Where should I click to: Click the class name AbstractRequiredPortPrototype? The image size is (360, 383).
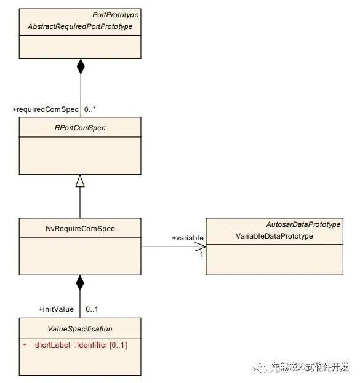point(80,26)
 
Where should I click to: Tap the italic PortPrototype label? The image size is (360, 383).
point(115,15)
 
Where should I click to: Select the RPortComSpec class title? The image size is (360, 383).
point(80,128)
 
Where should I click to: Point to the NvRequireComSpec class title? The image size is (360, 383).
point(80,229)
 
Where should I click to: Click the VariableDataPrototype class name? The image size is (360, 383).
point(274,236)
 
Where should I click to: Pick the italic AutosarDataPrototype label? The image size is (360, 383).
point(303,224)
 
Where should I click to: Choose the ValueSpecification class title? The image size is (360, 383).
point(80,329)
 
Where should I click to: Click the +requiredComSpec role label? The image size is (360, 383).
point(46,109)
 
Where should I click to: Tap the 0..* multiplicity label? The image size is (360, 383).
point(90,109)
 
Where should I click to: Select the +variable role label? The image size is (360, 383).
point(188,238)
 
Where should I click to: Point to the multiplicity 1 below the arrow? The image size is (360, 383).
point(201,255)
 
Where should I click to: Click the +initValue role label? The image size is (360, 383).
point(56,309)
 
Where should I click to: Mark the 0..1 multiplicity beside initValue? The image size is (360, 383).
point(92,309)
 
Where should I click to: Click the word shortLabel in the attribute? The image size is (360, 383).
point(52,345)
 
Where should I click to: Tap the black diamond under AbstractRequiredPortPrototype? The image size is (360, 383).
point(81,66)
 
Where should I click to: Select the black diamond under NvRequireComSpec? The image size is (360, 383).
point(80,283)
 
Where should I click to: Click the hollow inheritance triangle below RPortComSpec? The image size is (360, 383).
point(80,181)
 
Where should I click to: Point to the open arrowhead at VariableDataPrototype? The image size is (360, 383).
point(201,247)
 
